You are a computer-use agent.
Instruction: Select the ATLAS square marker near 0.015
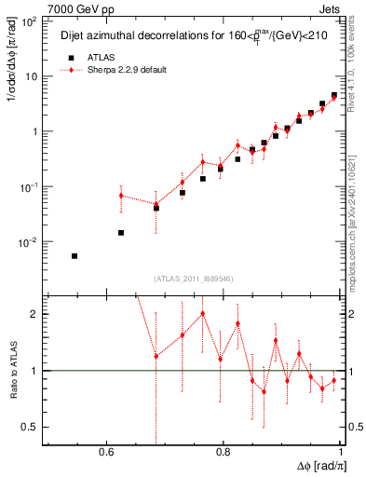point(121,232)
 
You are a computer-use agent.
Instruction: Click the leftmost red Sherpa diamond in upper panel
point(121,196)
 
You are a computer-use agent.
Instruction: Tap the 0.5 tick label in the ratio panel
point(32,427)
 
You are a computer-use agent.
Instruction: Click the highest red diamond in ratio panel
point(203,313)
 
